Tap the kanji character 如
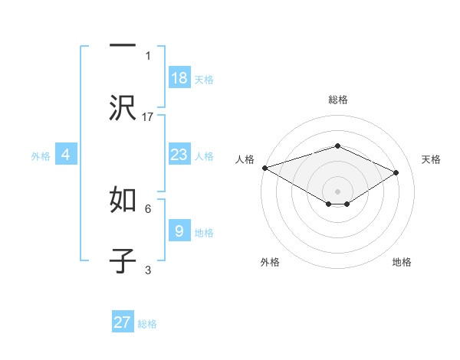click(123, 201)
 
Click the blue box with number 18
click(179, 77)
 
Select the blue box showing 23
click(179, 155)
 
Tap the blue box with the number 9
click(179, 231)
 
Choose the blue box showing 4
click(66, 155)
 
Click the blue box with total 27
click(123, 322)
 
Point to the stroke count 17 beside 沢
click(148, 116)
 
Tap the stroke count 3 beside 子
click(148, 270)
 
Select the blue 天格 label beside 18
click(204, 79)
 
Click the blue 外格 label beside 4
click(41, 155)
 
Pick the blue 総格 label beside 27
click(147, 324)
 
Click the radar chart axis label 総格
click(338, 100)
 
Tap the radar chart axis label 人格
click(245, 159)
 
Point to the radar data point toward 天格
click(396, 173)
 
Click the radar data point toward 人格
click(264, 168)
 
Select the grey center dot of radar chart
click(338, 191)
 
